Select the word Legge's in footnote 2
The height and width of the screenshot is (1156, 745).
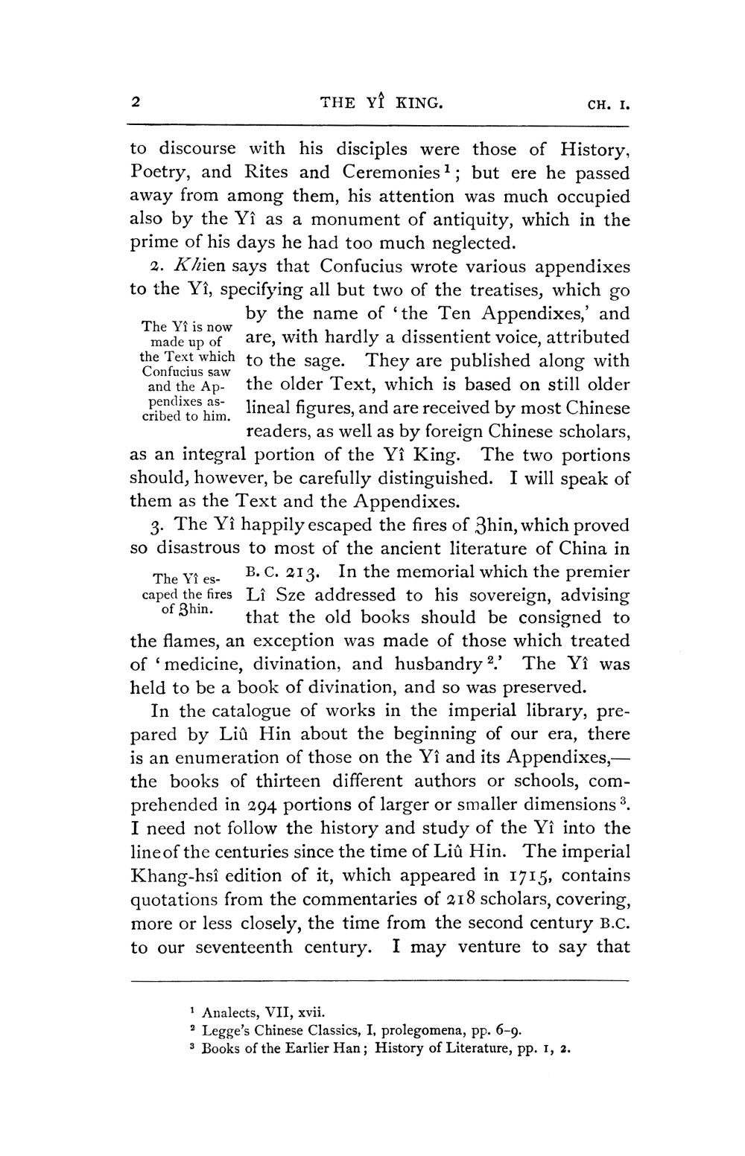pyautogui.click(x=228, y=1031)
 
